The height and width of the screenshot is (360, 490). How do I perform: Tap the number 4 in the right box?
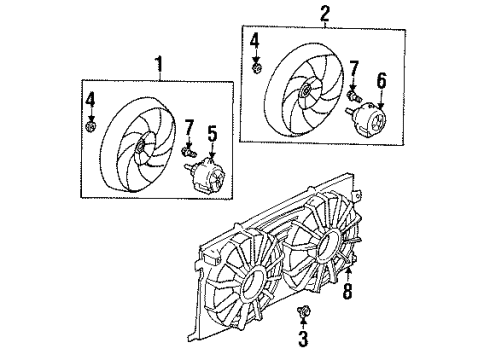pos(255,41)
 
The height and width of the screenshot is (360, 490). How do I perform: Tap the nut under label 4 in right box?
pos(256,68)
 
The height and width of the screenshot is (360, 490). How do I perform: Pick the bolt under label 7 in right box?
pos(354,96)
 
